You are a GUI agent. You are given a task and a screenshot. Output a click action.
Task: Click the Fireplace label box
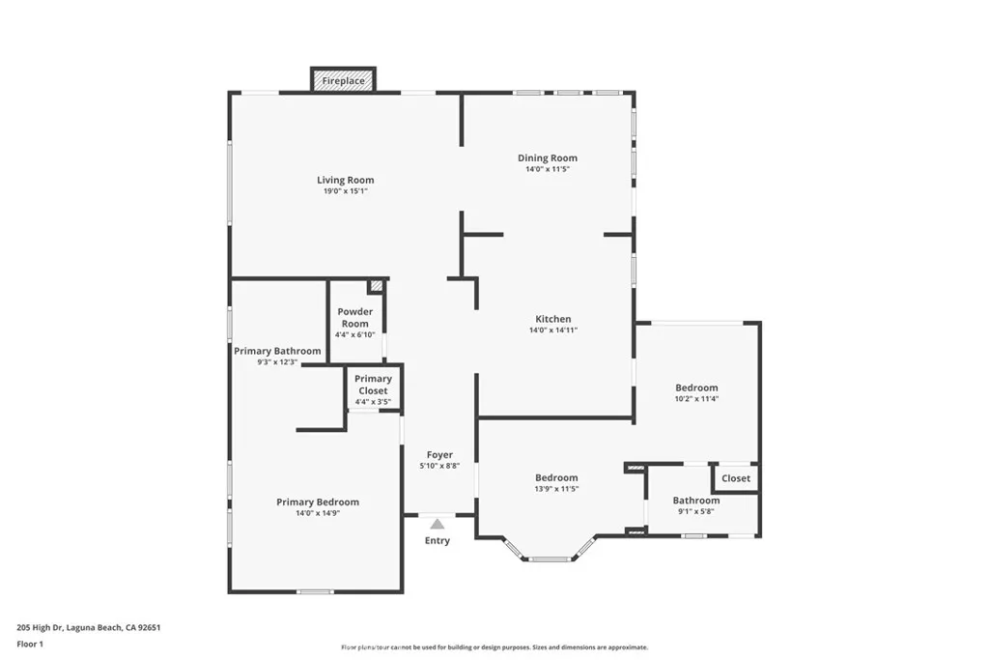click(x=343, y=81)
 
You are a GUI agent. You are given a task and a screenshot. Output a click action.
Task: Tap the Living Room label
click(x=346, y=180)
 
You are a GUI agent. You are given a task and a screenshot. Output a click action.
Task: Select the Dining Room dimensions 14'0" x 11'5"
click(x=548, y=170)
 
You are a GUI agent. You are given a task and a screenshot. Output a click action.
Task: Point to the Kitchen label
click(x=553, y=319)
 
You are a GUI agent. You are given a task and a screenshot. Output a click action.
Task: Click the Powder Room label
click(x=354, y=318)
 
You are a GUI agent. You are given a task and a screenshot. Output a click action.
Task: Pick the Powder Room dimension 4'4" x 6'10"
click(x=354, y=335)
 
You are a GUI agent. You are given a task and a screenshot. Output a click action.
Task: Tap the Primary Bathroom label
click(x=277, y=351)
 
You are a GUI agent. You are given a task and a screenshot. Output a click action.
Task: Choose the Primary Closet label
click(x=373, y=385)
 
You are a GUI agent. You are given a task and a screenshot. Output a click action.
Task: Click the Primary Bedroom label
click(x=318, y=502)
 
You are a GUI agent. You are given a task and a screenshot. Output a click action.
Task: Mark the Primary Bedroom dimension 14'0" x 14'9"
click(x=318, y=513)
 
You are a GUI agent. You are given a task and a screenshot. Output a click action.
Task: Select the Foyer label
click(x=439, y=454)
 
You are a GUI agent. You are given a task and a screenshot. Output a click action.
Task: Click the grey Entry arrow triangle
click(x=438, y=524)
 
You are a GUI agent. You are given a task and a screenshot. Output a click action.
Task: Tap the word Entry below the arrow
click(x=438, y=540)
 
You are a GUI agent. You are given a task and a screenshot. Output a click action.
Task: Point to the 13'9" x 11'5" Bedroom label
click(x=557, y=477)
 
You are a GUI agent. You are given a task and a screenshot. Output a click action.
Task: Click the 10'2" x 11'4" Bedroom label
click(x=696, y=387)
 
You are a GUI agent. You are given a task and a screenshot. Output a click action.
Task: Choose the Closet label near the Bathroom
click(x=736, y=478)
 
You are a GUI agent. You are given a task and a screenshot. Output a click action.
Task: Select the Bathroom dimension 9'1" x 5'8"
click(x=696, y=512)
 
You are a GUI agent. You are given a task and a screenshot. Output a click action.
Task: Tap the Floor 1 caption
click(x=30, y=643)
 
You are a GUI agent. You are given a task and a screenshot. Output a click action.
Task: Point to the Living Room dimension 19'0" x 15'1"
click(x=346, y=191)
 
